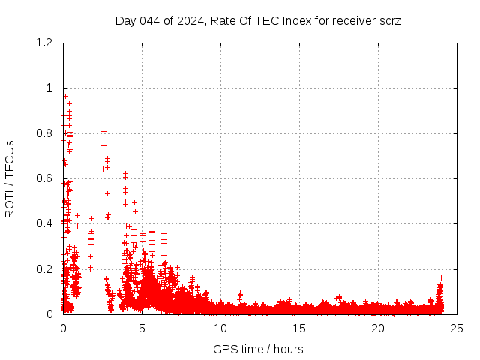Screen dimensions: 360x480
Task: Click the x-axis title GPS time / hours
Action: point(258,349)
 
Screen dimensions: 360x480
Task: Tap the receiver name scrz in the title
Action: point(388,20)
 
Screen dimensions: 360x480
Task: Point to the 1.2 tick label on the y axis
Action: point(43,43)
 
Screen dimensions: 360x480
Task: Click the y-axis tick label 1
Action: point(50,88)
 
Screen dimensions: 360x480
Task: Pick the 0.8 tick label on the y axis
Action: point(43,133)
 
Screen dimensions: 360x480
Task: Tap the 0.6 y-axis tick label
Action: point(43,178)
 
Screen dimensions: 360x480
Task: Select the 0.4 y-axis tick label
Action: point(43,223)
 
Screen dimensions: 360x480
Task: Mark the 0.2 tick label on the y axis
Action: point(43,269)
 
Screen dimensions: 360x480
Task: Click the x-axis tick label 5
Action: point(142,328)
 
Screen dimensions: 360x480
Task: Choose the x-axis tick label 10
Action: point(220,328)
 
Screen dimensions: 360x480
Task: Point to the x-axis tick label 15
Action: point(299,328)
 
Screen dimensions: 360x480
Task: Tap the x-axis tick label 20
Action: point(378,328)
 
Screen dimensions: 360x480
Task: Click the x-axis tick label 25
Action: point(457,328)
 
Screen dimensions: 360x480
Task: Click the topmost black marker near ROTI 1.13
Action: point(64,58)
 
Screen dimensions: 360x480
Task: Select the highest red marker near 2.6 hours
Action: point(103,131)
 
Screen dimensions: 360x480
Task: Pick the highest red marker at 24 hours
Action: point(441,277)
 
